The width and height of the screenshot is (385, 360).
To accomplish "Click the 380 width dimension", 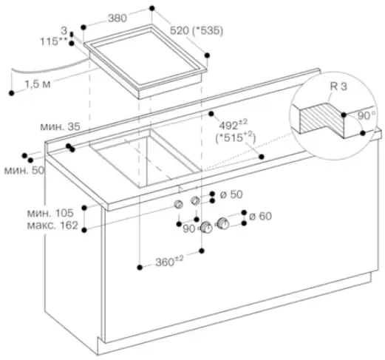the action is pyautogui.click(x=117, y=18).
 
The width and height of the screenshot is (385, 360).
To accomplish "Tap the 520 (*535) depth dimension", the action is pyautogui.click(x=197, y=31).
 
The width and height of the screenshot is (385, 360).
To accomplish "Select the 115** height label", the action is pyautogui.click(x=53, y=41).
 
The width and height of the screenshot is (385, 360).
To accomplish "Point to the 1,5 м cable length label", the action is pyautogui.click(x=38, y=84).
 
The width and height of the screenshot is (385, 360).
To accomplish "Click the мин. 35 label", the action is pyautogui.click(x=60, y=126).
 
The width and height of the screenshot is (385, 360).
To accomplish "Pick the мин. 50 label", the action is pyautogui.click(x=24, y=170).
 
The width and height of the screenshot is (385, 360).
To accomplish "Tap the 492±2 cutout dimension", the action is pyautogui.click(x=234, y=124).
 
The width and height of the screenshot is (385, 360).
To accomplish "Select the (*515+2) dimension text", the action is pyautogui.click(x=236, y=138).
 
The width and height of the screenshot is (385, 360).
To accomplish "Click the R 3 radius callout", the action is pyautogui.click(x=338, y=86).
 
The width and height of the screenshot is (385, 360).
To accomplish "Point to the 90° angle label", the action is pyautogui.click(x=367, y=115).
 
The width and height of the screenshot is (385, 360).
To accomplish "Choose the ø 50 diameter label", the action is pyautogui.click(x=231, y=194).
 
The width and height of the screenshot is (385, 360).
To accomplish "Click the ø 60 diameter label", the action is pyautogui.click(x=260, y=216).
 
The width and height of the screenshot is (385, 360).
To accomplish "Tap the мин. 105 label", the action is pyautogui.click(x=50, y=213).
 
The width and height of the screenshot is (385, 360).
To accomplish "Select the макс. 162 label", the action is pyautogui.click(x=52, y=225).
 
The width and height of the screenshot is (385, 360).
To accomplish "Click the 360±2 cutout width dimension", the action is pyautogui.click(x=169, y=261).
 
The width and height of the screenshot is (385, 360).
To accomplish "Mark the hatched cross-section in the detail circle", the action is pyautogui.click(x=321, y=118).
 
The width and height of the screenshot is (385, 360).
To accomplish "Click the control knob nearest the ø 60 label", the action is pyautogui.click(x=223, y=224).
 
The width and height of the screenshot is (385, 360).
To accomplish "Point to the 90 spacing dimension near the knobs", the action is pyautogui.click(x=189, y=229).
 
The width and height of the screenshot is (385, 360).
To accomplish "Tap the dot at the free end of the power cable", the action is pyautogui.click(x=11, y=93).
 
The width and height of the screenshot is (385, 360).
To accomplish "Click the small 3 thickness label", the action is pyautogui.click(x=64, y=31).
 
